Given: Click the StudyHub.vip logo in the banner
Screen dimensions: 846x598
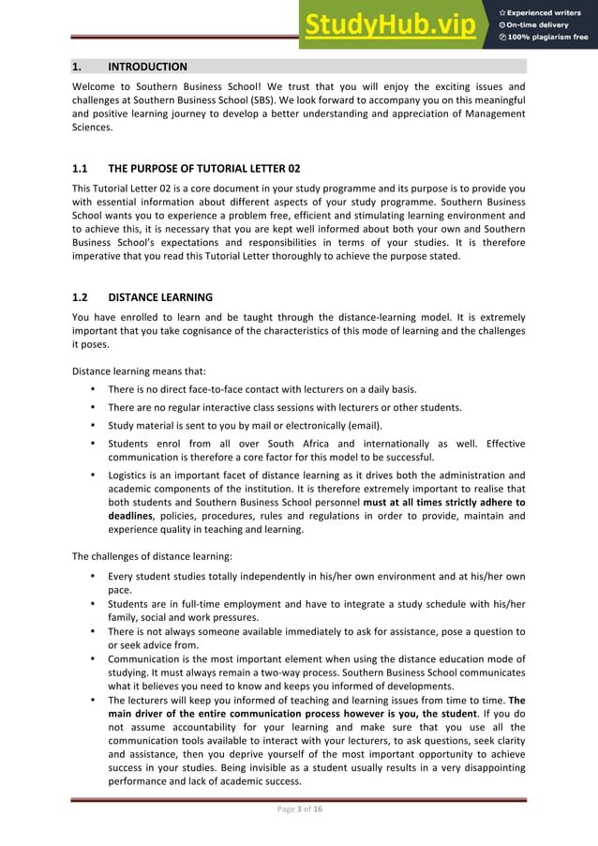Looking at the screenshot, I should [x=394, y=26].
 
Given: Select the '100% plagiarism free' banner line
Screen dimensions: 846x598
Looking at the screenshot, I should [x=549, y=38].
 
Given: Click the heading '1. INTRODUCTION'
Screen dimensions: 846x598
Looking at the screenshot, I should [x=130, y=67].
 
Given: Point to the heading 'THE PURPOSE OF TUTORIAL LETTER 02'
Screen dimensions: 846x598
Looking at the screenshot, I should [x=203, y=169].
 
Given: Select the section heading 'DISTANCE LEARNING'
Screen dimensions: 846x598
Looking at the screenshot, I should [x=159, y=297].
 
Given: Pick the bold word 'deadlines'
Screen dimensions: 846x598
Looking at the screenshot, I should [x=133, y=516].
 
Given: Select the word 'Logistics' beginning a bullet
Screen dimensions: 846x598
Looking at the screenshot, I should [x=129, y=475].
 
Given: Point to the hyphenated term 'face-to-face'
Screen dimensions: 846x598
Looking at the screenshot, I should [x=232, y=389].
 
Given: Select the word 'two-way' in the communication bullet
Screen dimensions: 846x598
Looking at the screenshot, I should [x=277, y=672].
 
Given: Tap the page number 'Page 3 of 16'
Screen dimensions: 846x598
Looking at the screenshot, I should [x=298, y=809].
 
